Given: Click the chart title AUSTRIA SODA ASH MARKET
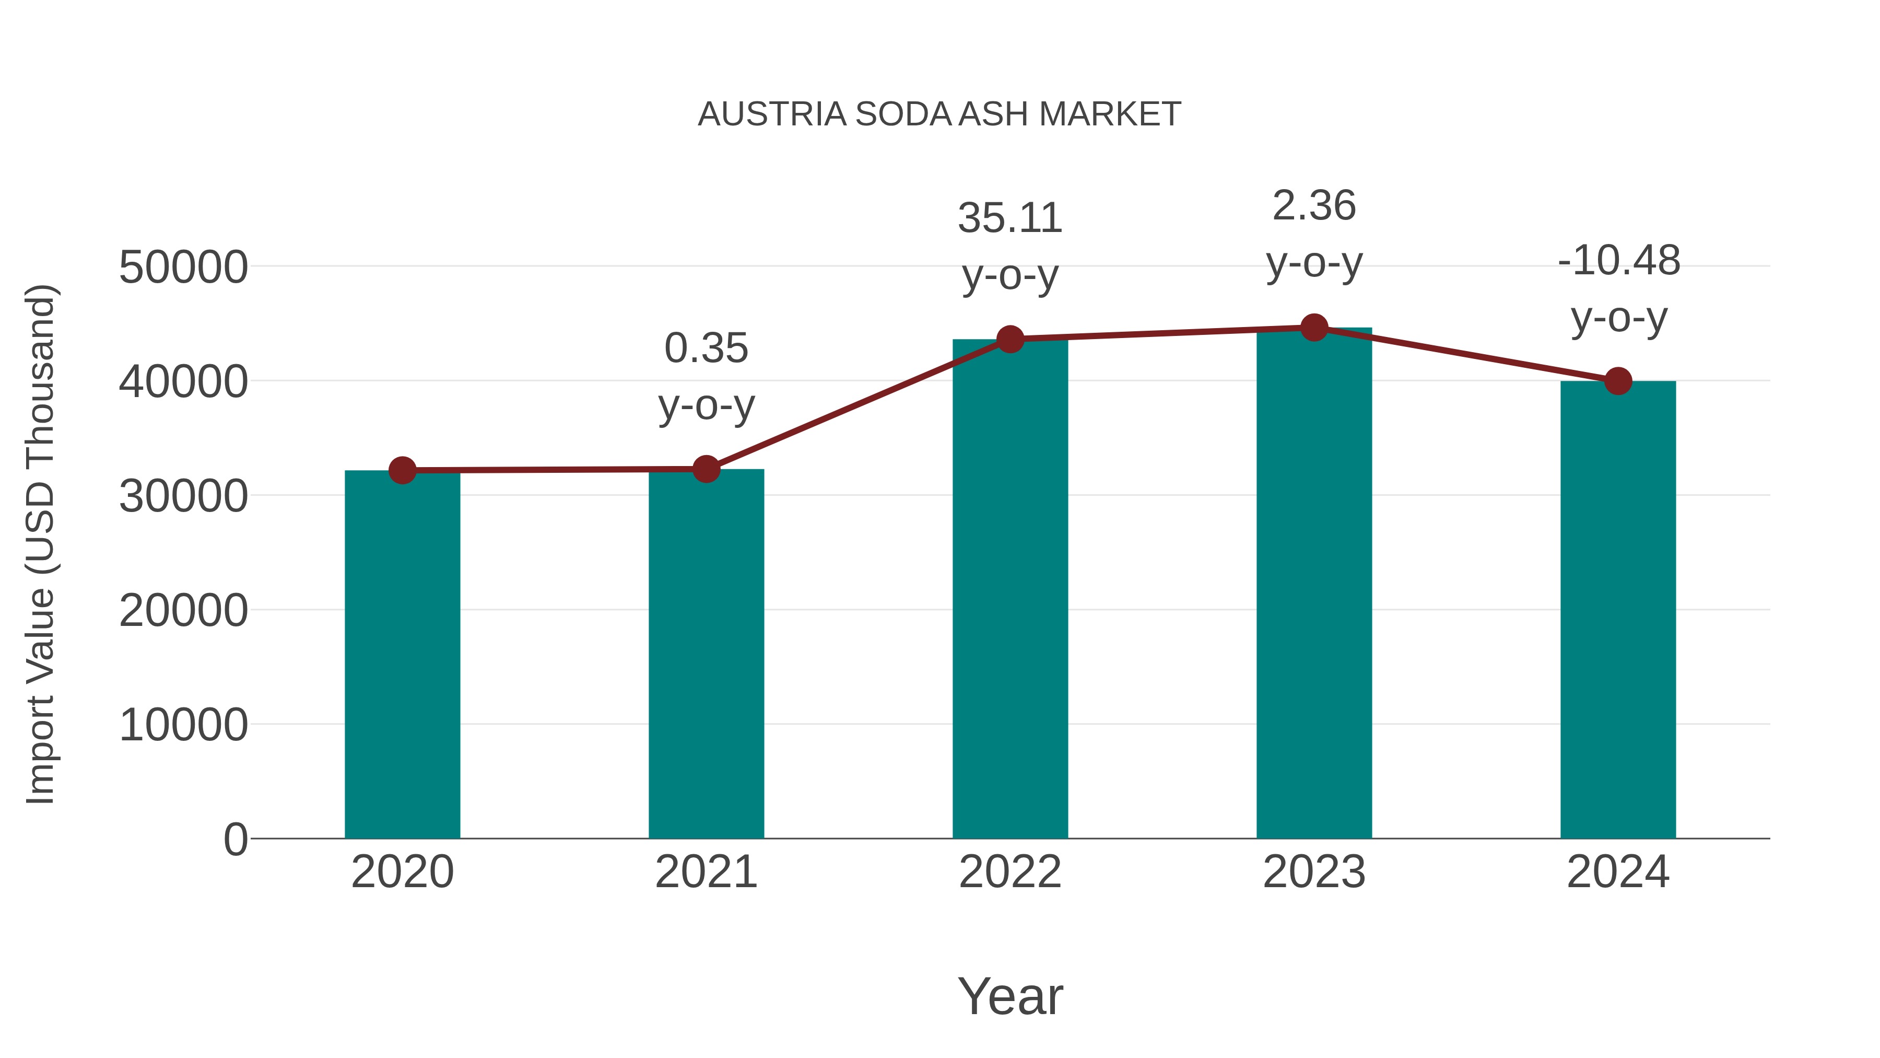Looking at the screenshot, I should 939,114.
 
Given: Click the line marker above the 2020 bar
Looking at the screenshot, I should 402,470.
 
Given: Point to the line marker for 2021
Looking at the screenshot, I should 706,469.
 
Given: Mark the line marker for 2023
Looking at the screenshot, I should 1314,328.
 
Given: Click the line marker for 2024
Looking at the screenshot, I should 1618,381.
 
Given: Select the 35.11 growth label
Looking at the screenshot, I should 1010,218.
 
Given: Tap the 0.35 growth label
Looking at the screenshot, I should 706,348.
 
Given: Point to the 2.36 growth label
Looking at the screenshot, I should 1314,206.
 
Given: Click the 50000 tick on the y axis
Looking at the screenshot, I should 183,267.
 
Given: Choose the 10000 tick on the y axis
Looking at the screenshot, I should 183,725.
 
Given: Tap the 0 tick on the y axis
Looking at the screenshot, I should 235,840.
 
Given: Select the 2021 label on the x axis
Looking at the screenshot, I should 706,872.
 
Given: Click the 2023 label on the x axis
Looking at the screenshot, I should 1314,872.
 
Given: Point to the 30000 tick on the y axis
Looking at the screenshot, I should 183,496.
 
